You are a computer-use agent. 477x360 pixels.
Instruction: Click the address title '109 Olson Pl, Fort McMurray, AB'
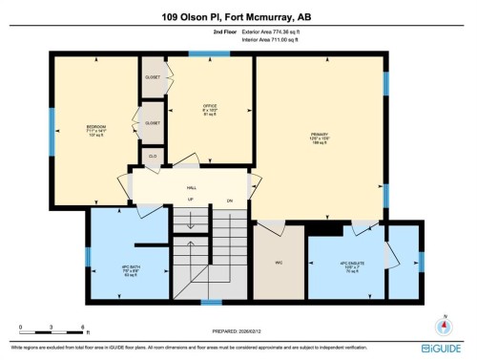pos(238,15)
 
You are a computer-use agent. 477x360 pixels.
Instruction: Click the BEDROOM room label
pos(95,127)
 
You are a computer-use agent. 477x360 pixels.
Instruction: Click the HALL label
pos(192,189)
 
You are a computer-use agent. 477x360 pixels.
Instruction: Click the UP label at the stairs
pos(191,201)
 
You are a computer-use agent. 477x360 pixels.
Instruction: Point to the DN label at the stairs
pos(230,201)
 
